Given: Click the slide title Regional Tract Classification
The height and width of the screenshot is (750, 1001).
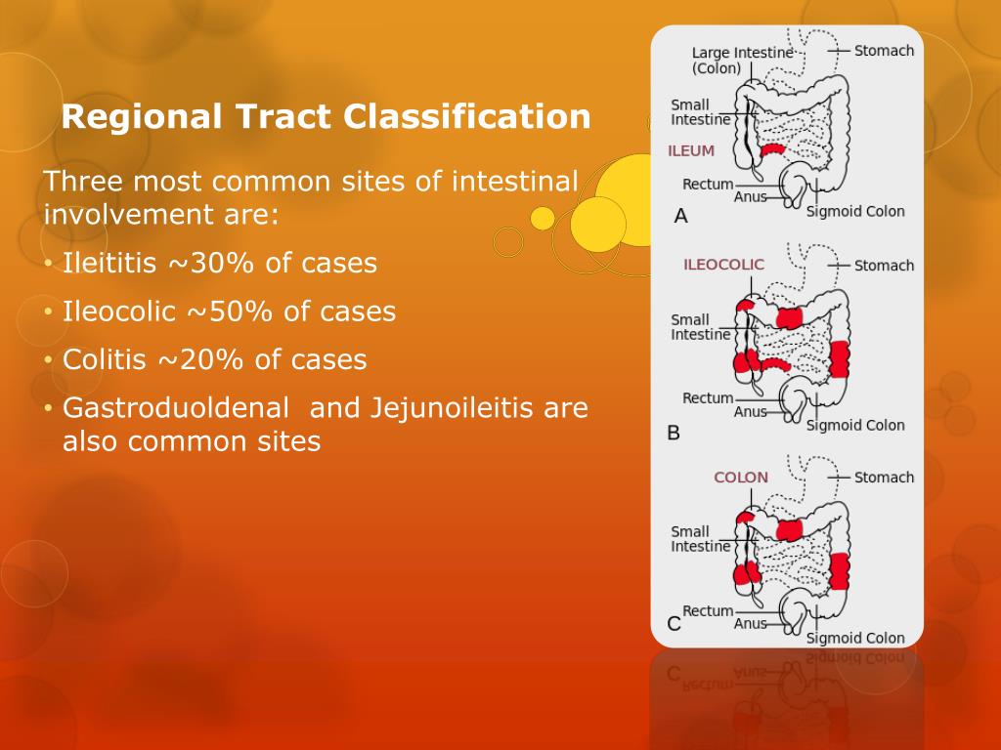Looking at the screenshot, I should pos(326,118).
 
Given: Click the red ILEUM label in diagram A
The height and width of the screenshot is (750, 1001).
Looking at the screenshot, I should pos(691,151).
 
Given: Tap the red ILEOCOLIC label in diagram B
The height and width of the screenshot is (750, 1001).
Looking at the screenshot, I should pos(723,265).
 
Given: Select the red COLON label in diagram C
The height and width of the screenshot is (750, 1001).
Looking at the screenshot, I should pos(741,478).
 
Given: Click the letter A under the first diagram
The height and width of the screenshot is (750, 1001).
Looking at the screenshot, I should pos(681,217).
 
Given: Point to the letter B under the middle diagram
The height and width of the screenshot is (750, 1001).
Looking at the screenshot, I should pos(674,432).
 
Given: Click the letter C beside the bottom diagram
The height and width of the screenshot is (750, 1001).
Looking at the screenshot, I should pos(674,623).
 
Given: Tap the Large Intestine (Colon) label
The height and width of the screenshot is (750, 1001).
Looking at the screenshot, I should pos(728,61).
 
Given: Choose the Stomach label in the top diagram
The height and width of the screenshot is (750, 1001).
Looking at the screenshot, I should pos(884,51).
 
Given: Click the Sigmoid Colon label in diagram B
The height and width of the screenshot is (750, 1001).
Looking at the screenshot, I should pos(855,425).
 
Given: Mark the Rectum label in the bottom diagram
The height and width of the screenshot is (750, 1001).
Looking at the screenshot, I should pos(708,610).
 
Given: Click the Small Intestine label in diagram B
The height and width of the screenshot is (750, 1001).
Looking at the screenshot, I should pos(700,327).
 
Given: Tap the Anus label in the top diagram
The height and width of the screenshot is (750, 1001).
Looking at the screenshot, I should pos(751,196).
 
